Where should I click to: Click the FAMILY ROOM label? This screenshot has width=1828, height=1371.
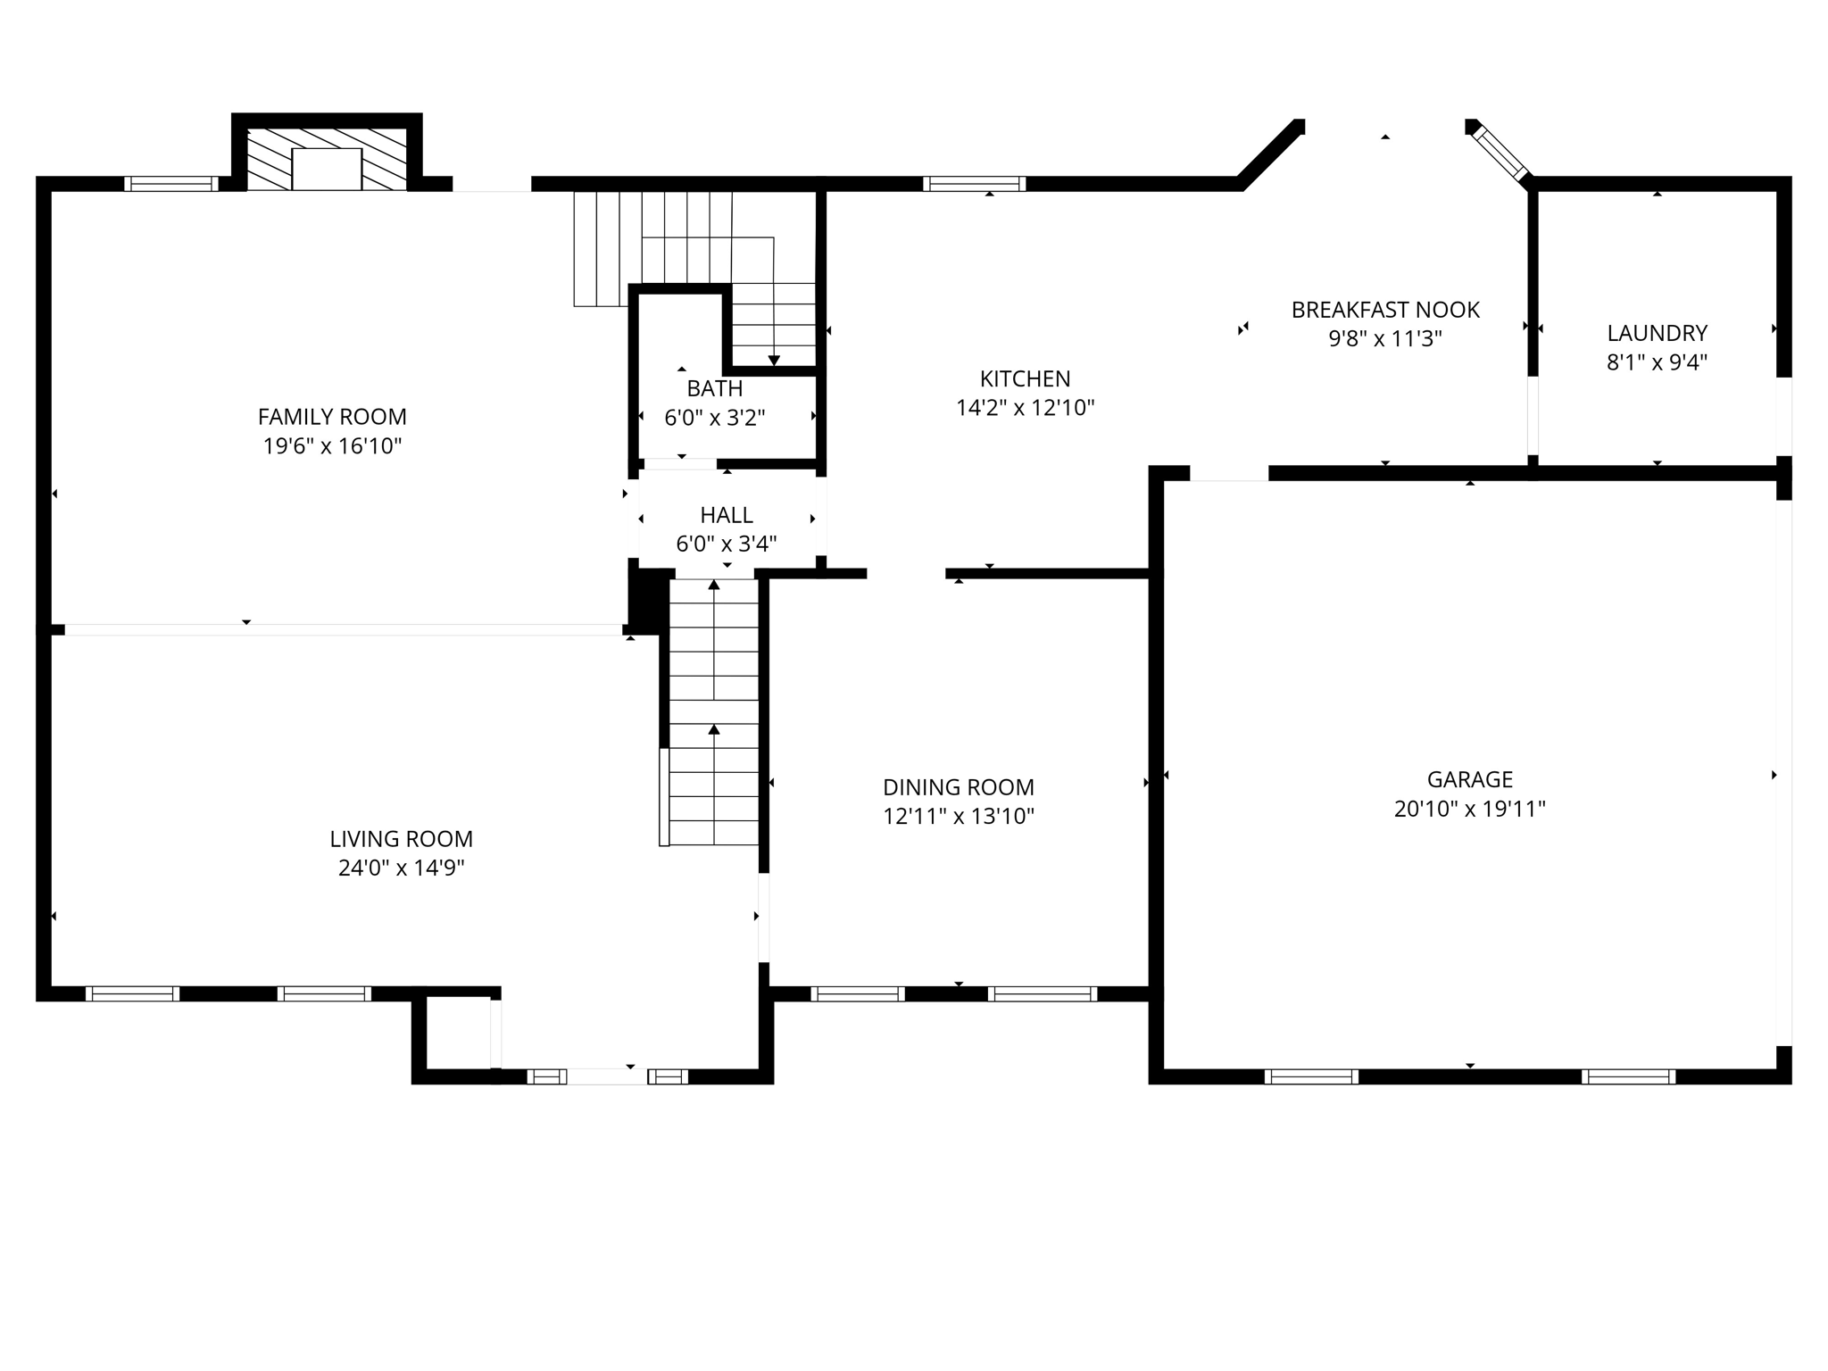[332, 417]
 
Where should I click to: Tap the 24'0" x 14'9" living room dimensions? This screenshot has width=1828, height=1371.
[401, 868]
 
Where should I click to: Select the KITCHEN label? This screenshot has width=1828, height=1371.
[1025, 378]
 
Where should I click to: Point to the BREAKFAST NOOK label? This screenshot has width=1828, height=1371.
[1385, 310]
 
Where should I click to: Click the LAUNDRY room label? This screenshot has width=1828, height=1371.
[1657, 333]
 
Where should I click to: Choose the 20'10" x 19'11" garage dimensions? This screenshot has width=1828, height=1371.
[1469, 809]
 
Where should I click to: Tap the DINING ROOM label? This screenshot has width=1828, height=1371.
[958, 787]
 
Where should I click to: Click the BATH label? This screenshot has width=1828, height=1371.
[714, 388]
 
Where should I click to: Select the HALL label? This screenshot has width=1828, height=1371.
[726, 515]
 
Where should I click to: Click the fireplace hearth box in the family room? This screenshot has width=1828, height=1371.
[327, 169]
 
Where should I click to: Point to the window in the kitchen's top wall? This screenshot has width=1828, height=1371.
[974, 184]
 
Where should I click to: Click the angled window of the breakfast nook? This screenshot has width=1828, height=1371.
[1500, 154]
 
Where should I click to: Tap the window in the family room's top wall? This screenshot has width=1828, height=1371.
[170, 184]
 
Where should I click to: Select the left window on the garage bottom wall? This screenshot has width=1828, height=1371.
[1311, 1076]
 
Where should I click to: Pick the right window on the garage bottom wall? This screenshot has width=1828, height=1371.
[1628, 1076]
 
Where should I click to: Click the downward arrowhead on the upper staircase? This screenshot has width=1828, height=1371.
[774, 361]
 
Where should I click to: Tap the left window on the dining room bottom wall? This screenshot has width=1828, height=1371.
[857, 993]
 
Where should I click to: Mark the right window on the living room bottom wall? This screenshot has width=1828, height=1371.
[324, 993]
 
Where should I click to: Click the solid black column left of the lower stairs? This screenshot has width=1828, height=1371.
[648, 600]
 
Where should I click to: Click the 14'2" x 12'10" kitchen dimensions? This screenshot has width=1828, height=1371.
[1025, 408]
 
